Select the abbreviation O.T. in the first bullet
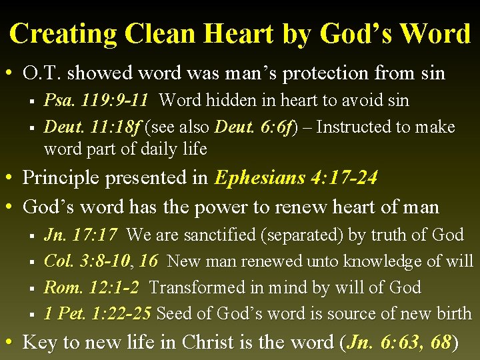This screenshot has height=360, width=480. tap(44, 72)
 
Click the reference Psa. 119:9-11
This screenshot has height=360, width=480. tap(96, 101)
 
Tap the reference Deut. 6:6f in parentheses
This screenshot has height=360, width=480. tap(259, 127)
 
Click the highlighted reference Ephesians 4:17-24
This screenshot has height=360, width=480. tap(296, 178)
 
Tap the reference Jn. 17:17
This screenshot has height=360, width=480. tap(81, 235)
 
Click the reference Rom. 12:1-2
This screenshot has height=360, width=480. tap(91, 287)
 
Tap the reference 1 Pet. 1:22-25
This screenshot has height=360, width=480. tap(97, 313)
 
